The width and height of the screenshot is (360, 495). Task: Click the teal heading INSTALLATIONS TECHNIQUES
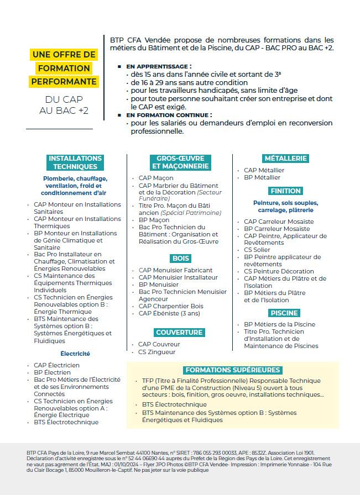(75, 162)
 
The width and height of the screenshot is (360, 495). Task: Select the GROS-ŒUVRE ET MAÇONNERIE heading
(180, 162)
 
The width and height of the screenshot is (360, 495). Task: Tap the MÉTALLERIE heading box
(285, 158)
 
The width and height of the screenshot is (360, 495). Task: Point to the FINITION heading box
(285, 191)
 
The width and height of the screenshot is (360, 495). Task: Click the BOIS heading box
(181, 258)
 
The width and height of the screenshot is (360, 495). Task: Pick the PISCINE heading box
(284, 313)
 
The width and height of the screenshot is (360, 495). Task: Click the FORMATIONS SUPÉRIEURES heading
(233, 370)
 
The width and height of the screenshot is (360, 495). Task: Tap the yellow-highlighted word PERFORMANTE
(64, 81)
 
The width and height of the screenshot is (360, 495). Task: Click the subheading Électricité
(75, 354)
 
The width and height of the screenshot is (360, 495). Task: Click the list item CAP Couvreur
(159, 345)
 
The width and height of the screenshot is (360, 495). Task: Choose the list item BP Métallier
(262, 177)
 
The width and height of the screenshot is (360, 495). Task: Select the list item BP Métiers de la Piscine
(279, 324)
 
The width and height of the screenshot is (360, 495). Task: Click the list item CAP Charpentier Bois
(171, 306)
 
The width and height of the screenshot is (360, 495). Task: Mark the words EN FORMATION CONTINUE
(169, 115)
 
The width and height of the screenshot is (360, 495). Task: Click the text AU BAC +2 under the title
(64, 110)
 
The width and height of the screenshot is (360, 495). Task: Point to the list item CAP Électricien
(56, 365)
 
